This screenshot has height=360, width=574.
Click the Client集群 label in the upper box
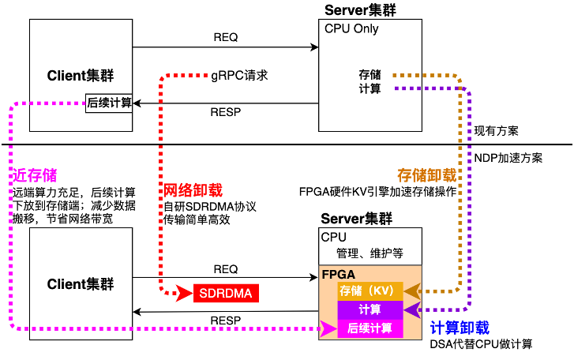pyautogui.click(x=81, y=76)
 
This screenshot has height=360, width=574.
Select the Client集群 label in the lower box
pyautogui.click(x=81, y=284)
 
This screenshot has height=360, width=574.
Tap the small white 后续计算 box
pyautogui.click(x=109, y=103)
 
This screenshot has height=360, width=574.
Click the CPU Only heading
pyautogui.click(x=351, y=28)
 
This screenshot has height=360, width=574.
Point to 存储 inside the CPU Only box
pyautogui.click(x=370, y=75)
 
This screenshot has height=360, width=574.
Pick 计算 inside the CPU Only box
pyautogui.click(x=370, y=89)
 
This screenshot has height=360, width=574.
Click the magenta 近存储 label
pyautogui.click(x=35, y=175)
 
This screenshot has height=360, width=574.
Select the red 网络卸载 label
pyautogui.click(x=192, y=190)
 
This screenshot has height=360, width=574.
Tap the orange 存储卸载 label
pyautogui.click(x=426, y=175)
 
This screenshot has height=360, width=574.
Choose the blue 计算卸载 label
pyautogui.click(x=460, y=328)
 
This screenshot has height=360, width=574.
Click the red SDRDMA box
pyautogui.click(x=226, y=294)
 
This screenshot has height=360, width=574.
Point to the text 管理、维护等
pyautogui.click(x=370, y=253)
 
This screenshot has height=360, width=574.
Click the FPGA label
pyautogui.click(x=338, y=275)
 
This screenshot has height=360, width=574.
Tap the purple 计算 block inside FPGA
pyautogui.click(x=370, y=309)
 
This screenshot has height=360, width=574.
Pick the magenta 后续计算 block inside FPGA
pyautogui.click(x=370, y=328)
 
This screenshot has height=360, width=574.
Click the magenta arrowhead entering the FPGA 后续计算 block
pyautogui.click(x=328, y=328)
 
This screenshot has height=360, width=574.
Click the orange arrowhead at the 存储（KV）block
pyautogui.click(x=411, y=291)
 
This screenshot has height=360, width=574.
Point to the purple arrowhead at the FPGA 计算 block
pyautogui.click(x=411, y=309)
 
